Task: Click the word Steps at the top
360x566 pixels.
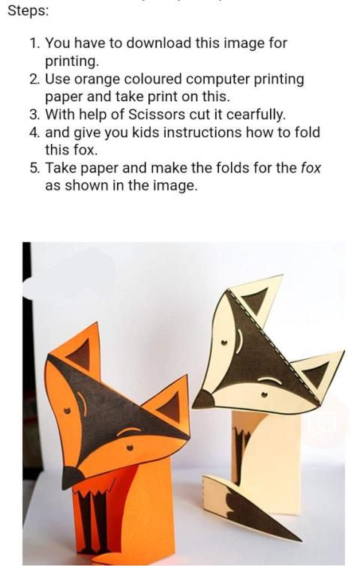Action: coord(28,10)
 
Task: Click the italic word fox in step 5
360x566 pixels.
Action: coord(310,168)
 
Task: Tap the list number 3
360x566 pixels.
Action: coord(34,115)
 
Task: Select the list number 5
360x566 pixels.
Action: coord(34,168)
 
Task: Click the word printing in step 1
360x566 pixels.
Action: coord(71,61)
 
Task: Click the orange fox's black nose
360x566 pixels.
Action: coord(72,477)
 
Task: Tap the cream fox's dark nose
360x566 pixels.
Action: coord(204,400)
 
